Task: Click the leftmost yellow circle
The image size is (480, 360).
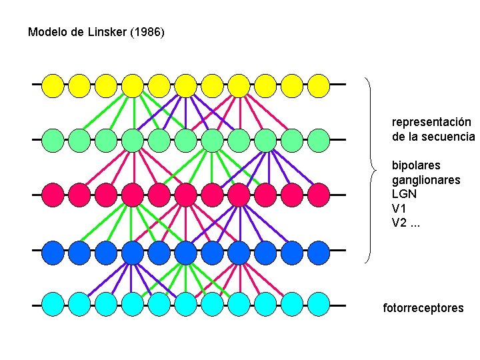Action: [x=53, y=85]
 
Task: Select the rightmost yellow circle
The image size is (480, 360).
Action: [x=319, y=85]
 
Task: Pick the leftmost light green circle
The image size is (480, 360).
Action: [x=53, y=140]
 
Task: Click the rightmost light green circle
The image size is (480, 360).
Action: [x=319, y=140]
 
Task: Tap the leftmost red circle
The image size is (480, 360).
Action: [x=53, y=195]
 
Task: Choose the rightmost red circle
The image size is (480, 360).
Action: [x=319, y=195]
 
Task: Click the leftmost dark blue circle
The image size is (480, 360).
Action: [x=53, y=251]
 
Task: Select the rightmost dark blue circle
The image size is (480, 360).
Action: [x=319, y=251]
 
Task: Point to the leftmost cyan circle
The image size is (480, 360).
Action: [x=53, y=305]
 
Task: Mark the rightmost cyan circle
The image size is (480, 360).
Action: [x=319, y=305]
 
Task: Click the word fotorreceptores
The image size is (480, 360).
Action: [x=423, y=308]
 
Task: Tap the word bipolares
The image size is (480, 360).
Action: [x=416, y=165]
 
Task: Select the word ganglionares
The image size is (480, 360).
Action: [x=426, y=180]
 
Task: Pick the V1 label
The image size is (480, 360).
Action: [x=399, y=208]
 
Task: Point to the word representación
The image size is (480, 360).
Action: [x=431, y=123]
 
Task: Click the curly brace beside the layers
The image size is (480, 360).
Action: [x=371, y=170]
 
